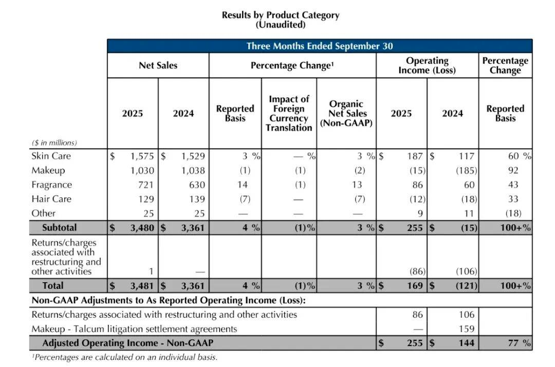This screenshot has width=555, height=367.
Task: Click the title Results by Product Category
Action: [280, 15]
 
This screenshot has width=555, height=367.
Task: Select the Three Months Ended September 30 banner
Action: [319, 46]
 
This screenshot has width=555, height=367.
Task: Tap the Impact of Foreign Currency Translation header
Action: [289, 114]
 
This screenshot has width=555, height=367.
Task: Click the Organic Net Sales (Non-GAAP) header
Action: [346, 114]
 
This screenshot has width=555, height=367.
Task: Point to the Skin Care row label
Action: [51, 156]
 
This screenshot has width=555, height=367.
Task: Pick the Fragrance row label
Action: [51, 185]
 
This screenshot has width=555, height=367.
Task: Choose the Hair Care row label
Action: [51, 199]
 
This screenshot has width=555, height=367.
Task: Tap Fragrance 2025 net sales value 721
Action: [144, 185]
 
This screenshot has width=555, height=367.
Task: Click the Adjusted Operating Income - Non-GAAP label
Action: [127, 343]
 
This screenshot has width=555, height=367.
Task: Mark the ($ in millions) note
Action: [54, 143]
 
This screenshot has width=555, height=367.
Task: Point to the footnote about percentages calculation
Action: [124, 357]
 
